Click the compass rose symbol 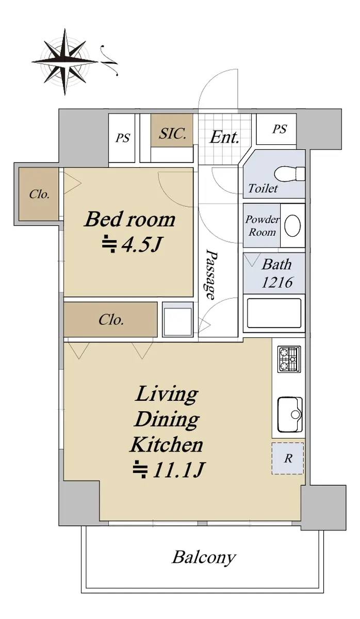click(x=65, y=62)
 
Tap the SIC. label click(x=172, y=134)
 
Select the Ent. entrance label click(x=224, y=137)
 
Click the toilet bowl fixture click(x=289, y=174)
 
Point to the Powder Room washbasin click(x=292, y=226)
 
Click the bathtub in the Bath click(x=274, y=313)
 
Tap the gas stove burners click(x=289, y=359)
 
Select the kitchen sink click(x=290, y=414)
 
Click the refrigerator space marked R click(x=288, y=459)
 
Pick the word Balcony click(x=204, y=558)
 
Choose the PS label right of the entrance click(x=280, y=129)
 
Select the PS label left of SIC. click(x=122, y=138)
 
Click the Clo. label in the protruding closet click(x=39, y=194)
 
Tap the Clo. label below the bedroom click(x=111, y=320)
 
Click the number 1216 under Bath click(x=277, y=283)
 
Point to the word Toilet click(x=263, y=188)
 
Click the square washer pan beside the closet click(x=177, y=320)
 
